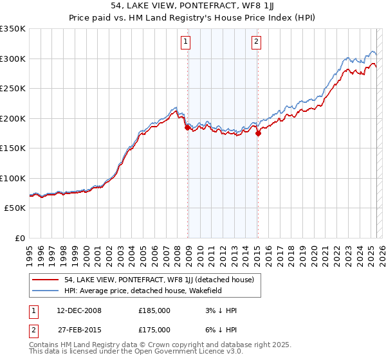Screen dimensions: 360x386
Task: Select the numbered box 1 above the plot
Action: click(185, 42)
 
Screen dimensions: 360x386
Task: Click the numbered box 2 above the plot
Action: click(256, 42)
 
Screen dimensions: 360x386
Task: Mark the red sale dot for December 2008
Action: click(188, 127)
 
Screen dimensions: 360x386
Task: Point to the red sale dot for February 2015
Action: click(258, 134)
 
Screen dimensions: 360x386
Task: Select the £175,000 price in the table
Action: click(154, 329)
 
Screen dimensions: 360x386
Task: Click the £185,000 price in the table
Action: click(154, 310)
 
